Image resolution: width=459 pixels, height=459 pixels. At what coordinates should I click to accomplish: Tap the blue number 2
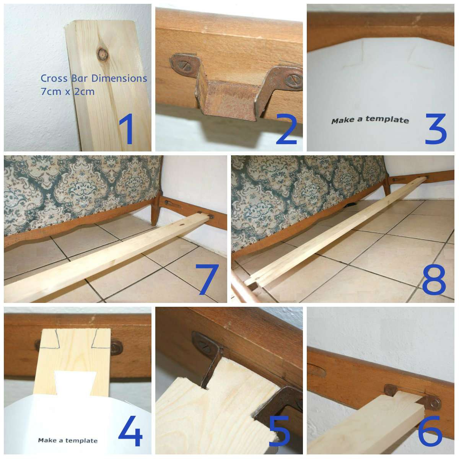pyautogui.click(x=286, y=129)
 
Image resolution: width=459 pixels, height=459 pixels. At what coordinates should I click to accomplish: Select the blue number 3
pyautogui.click(x=436, y=129)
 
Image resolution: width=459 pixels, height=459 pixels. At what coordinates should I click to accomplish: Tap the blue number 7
pyautogui.click(x=207, y=279)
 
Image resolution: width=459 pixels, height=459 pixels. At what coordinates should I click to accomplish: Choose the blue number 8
pyautogui.click(x=434, y=279)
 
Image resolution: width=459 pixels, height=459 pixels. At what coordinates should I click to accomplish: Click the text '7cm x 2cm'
pyautogui.click(x=68, y=92)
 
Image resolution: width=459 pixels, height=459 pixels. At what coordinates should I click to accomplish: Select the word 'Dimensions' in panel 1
pyautogui.click(x=119, y=78)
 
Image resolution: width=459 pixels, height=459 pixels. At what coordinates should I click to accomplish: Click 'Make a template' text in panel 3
pyautogui.click(x=370, y=120)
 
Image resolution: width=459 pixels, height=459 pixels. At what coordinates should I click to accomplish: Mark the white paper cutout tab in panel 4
pyautogui.click(x=76, y=382)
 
